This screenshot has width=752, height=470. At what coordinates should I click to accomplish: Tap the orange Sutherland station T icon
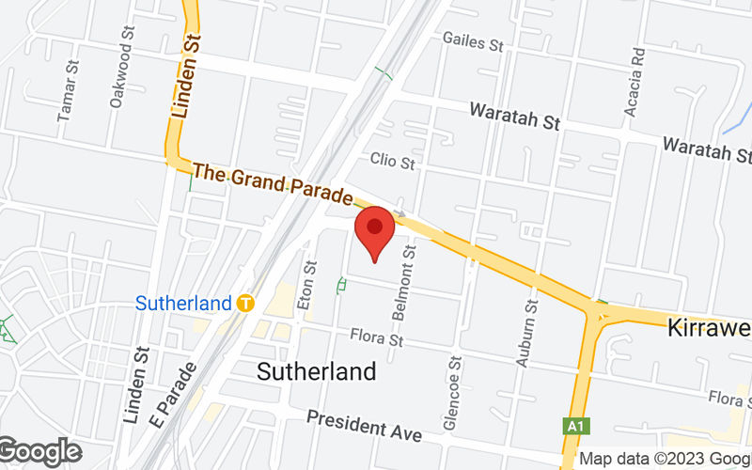(x=245, y=303)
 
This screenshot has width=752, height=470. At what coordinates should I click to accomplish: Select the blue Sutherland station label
(x=183, y=303)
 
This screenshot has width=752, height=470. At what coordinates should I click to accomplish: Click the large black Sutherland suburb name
(x=317, y=370)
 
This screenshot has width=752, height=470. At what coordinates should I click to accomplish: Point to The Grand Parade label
(x=272, y=185)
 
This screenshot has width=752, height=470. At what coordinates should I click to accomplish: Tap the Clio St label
(x=392, y=162)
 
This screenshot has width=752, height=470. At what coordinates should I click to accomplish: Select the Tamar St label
(x=66, y=91)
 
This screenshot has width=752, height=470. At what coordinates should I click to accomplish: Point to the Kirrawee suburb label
(x=709, y=328)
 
